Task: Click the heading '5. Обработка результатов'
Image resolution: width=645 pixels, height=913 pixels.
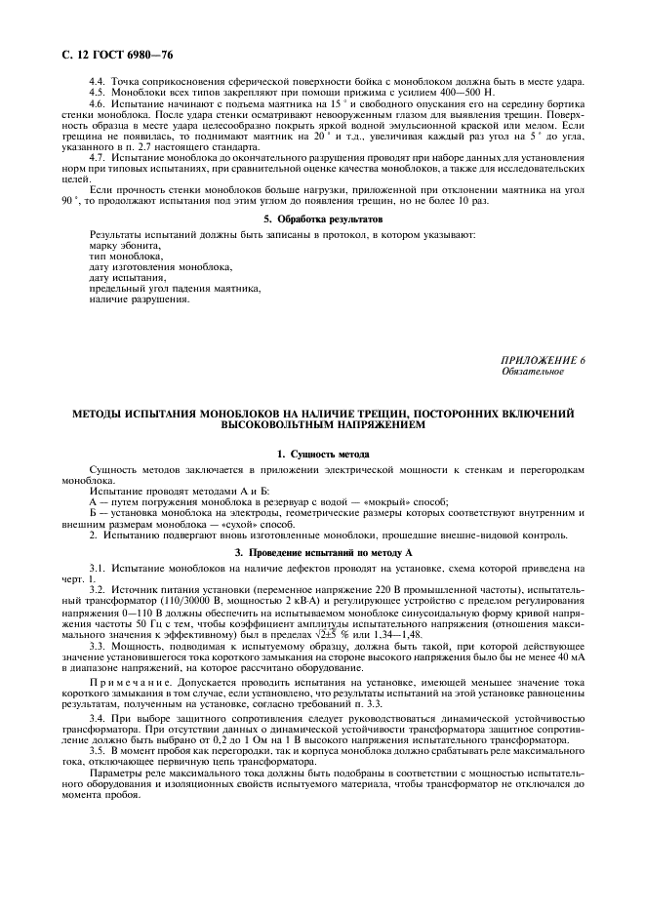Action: point(322,218)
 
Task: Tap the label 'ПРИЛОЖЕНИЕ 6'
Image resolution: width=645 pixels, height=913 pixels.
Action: point(544,362)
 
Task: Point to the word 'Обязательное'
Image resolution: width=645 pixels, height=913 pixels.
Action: point(533,372)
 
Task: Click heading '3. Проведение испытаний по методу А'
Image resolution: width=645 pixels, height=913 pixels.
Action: point(322,552)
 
